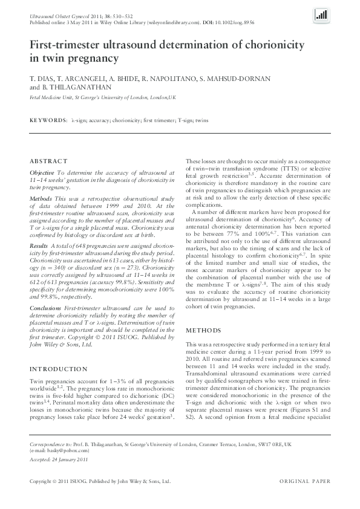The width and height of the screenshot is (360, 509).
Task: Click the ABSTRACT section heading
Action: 49,161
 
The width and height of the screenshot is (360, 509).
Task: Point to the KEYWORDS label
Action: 48,121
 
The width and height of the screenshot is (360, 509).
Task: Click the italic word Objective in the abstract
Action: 42,172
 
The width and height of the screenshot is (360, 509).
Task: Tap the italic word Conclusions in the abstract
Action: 46,308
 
